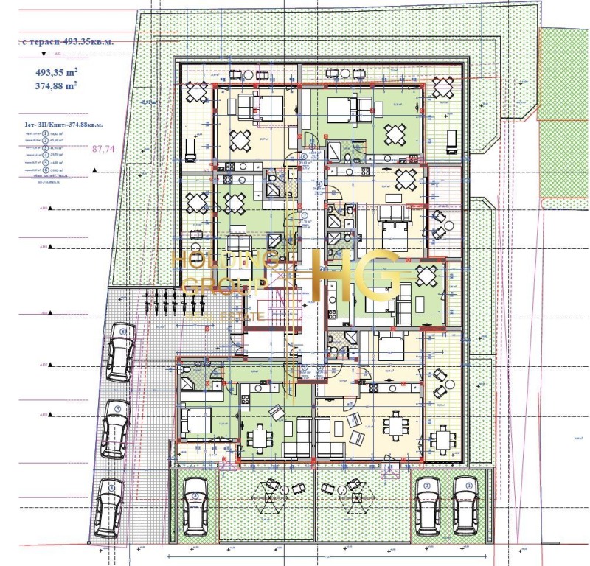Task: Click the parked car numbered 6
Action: [120, 352]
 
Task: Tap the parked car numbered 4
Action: [110, 508]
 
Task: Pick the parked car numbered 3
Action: [195, 506]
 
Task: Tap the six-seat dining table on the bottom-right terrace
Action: [442, 440]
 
